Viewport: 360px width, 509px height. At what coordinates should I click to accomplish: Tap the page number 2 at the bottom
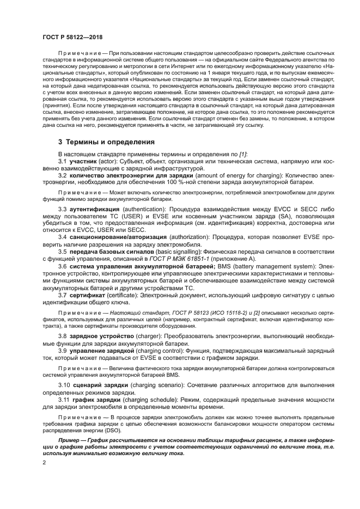45,463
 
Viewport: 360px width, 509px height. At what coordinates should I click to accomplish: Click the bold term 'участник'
82,162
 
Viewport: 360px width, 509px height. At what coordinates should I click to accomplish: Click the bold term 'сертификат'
87,295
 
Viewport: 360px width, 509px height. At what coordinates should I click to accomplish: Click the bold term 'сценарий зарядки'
97,385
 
